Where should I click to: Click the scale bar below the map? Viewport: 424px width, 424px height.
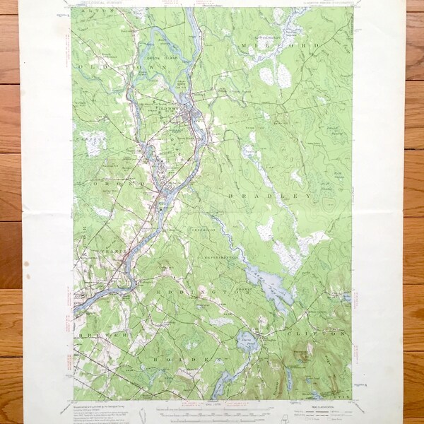point(212,412)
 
